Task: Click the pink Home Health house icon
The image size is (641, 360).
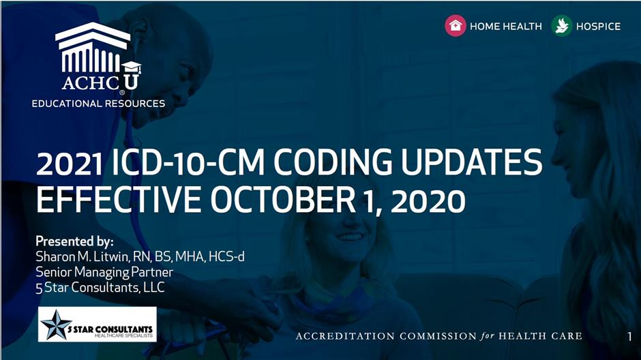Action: [x=456, y=26]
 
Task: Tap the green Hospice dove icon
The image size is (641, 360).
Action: [x=561, y=26]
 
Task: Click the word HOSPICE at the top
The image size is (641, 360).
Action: [x=598, y=27]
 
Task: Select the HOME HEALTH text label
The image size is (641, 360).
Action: [x=506, y=27]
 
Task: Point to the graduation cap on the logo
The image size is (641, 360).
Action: [x=132, y=67]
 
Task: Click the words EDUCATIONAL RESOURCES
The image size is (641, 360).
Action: [x=98, y=104]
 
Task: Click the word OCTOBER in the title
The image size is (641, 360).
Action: [x=283, y=200]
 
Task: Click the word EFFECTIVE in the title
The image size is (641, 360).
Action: [x=118, y=200]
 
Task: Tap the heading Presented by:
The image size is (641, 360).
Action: [x=74, y=241]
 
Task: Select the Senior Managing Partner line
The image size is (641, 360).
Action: [x=104, y=272]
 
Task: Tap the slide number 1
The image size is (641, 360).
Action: [x=629, y=337]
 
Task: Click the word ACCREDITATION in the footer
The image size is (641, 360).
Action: [x=345, y=336]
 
